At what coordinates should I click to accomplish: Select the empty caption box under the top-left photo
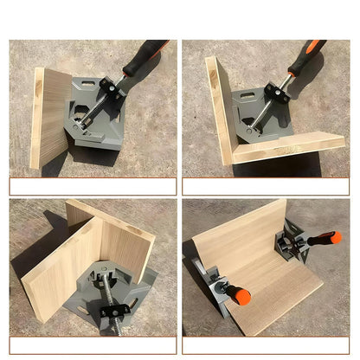click(93, 186)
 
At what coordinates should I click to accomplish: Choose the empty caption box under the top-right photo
click(268, 186)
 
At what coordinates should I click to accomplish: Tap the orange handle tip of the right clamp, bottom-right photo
click(336, 239)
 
